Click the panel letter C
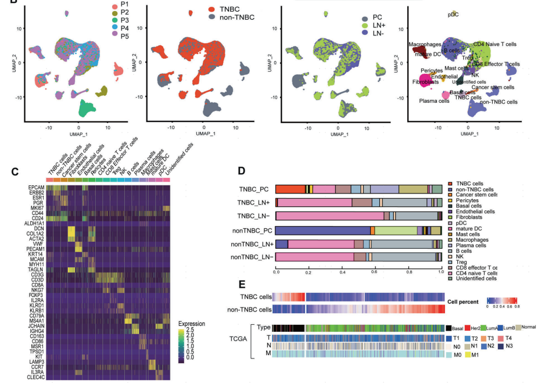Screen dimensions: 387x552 click(x=15, y=173)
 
